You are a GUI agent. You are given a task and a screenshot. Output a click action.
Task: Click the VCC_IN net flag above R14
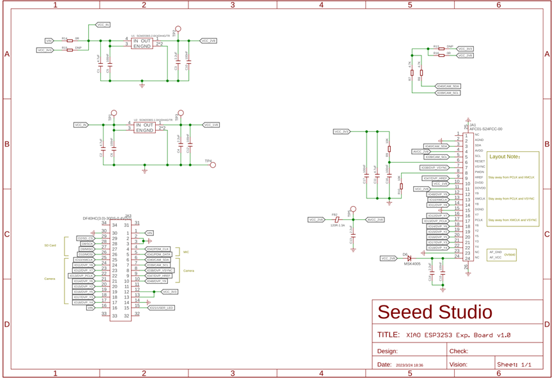(103, 25)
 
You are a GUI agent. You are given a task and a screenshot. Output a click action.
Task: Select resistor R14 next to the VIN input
(69, 40)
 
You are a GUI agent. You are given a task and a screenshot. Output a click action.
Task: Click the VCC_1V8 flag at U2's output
(211, 125)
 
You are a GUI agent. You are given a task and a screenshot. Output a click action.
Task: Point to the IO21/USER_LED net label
(161, 308)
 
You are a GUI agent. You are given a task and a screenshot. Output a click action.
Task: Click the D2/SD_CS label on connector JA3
(86, 238)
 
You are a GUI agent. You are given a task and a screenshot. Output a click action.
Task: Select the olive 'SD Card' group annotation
(50, 245)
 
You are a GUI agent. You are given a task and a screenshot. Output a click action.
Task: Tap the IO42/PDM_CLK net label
(157, 249)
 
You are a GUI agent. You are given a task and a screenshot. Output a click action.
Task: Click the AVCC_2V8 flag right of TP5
(375, 219)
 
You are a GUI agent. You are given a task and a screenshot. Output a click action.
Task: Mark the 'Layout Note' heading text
(504, 156)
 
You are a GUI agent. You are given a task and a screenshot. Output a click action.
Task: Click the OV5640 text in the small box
(510, 254)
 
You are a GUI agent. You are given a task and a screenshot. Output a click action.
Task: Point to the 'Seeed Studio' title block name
(436, 312)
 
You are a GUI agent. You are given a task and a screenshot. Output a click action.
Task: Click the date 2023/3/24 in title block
(409, 365)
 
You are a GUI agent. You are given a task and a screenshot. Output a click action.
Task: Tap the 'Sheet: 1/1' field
(515, 364)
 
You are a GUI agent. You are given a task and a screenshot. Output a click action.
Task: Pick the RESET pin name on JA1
(480, 161)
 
